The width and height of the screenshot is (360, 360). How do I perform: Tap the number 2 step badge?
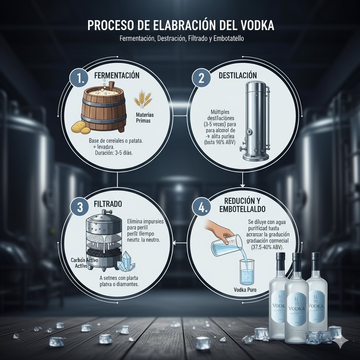pyautogui.click(x=201, y=78)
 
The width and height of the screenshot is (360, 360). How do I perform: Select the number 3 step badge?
pyautogui.click(x=80, y=207)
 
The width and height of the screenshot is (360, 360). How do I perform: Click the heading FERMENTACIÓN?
pyautogui.click(x=117, y=76)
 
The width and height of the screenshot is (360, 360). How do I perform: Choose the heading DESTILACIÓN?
pyautogui.click(x=238, y=76)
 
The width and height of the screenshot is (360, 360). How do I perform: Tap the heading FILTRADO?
pyautogui.click(x=108, y=204)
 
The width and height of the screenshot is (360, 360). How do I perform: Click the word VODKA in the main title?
pyautogui.click(x=253, y=26)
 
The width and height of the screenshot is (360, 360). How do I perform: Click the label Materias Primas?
pyautogui.click(x=145, y=117)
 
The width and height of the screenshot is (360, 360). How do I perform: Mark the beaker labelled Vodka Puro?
pyautogui.click(x=247, y=271)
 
